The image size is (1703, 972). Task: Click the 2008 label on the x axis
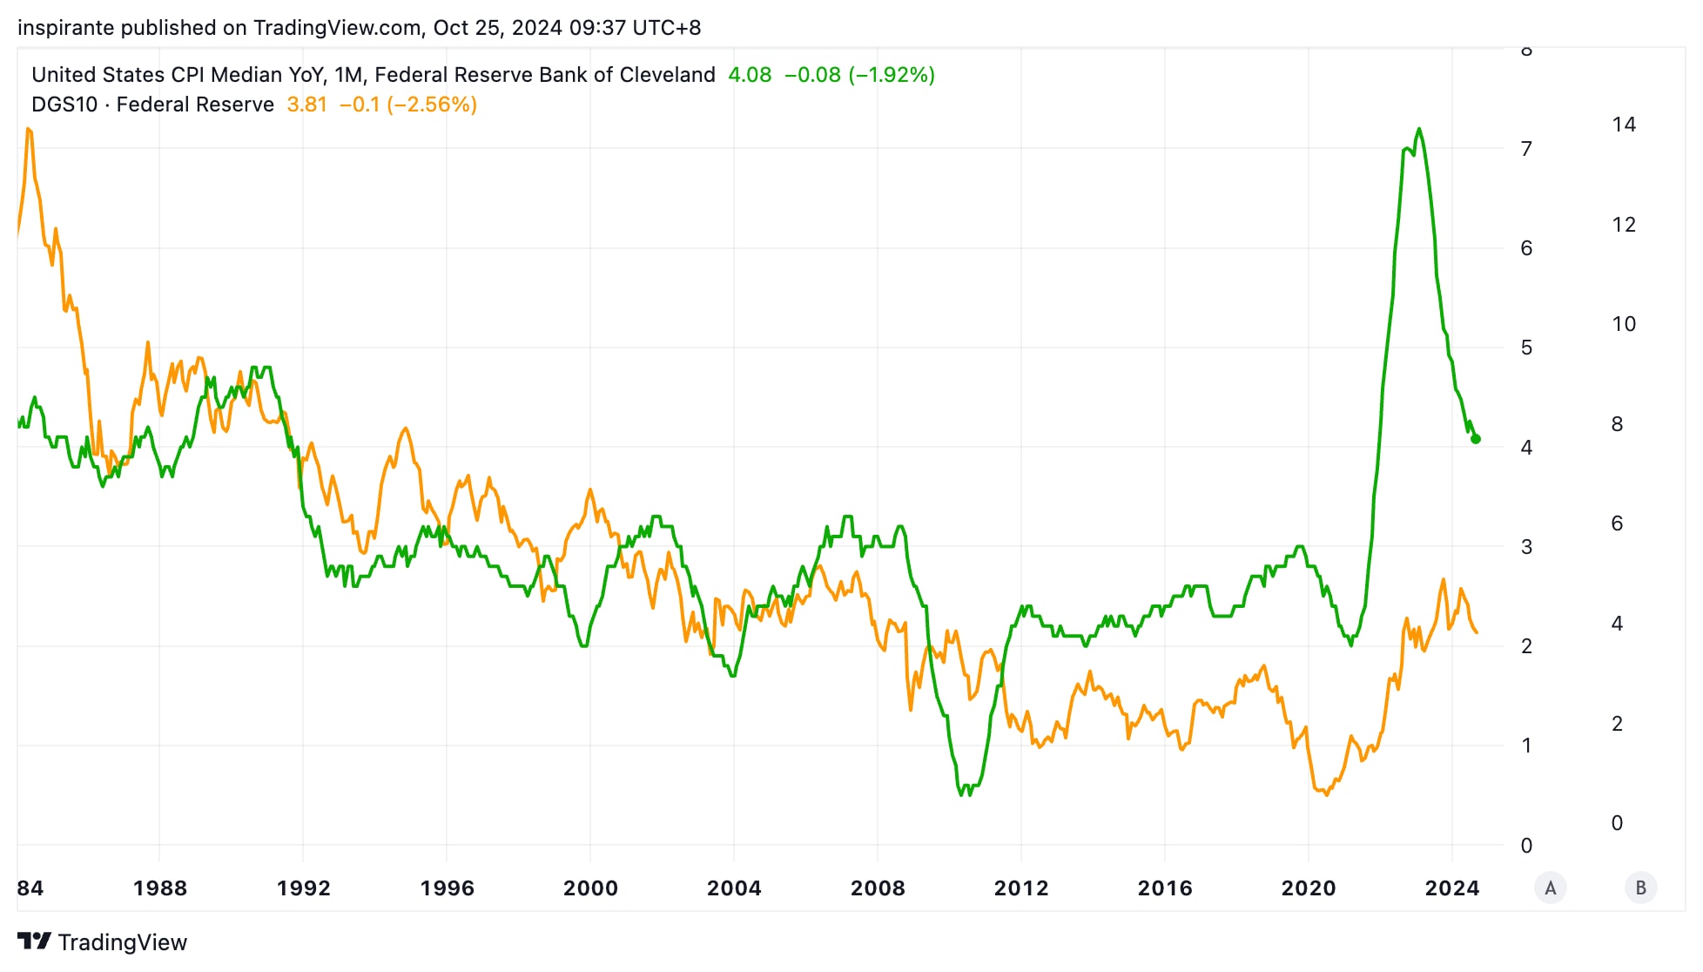tap(877, 888)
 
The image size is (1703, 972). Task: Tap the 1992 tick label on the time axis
tap(303, 888)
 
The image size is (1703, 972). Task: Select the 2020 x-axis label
tap(1308, 888)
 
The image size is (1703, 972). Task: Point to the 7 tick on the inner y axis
tap(1526, 149)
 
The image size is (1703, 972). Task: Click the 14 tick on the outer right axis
tap(1623, 125)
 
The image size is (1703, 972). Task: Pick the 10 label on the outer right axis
tap(1623, 324)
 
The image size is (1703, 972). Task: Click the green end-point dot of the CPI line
tap(1476, 439)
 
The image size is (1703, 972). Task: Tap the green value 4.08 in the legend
tap(750, 75)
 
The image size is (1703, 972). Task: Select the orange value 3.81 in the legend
tap(306, 105)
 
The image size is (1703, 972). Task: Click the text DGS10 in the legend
tap(64, 105)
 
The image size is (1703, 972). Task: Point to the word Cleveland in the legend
tap(667, 75)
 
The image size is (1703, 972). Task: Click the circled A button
tap(1550, 888)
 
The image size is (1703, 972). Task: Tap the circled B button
tap(1640, 888)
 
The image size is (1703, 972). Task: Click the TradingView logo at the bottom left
tap(102, 942)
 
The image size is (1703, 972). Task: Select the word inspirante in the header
tap(66, 28)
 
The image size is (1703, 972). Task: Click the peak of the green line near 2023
tap(1419, 129)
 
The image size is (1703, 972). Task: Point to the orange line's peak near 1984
tap(29, 129)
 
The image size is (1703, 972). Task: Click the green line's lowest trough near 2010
tap(963, 794)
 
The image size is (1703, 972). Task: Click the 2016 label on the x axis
tap(1164, 888)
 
